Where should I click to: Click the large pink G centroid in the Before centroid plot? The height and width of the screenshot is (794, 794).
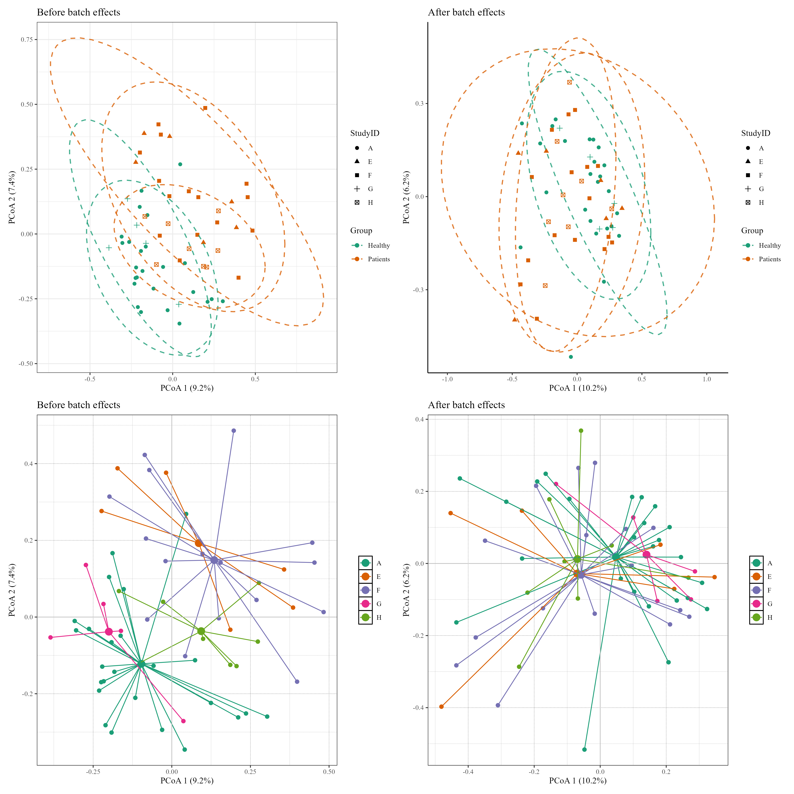coord(109,632)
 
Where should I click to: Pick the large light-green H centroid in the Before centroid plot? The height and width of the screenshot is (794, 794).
coord(201,631)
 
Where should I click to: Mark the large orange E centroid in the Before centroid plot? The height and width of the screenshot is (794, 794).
coord(198,543)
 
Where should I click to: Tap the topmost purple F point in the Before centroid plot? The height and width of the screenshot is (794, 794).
coord(233,431)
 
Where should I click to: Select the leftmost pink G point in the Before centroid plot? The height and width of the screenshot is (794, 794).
coord(50,637)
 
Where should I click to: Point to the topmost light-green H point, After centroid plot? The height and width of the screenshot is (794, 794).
coord(581,431)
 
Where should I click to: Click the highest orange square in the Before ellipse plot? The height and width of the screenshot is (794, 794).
coord(205,108)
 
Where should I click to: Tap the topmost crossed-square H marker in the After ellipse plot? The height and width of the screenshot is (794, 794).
coord(569,82)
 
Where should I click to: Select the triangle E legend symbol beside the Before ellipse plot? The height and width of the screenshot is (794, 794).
coord(357,161)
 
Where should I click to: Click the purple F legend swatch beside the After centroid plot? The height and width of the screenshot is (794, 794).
coord(756,590)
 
